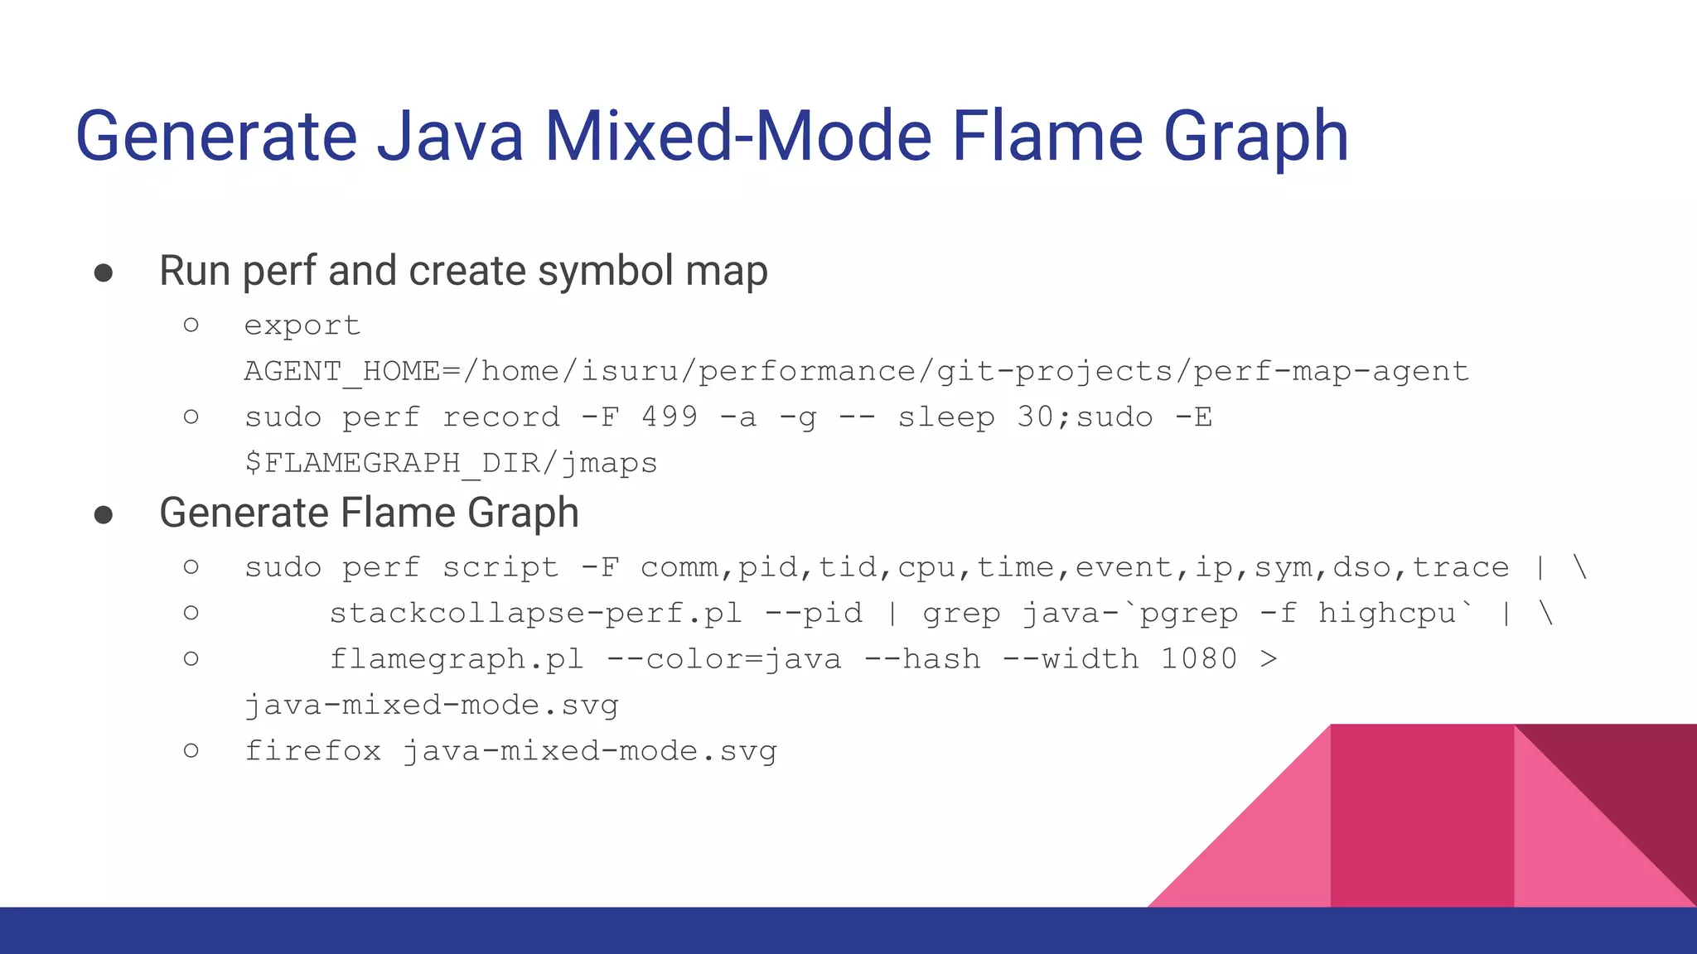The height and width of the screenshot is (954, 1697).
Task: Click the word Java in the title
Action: (450, 136)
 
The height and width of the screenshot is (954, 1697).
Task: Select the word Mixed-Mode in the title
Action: (737, 136)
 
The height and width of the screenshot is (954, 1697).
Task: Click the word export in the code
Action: (302, 325)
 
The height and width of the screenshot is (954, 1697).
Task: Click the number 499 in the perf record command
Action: (669, 417)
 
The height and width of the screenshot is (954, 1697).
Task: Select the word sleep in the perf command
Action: (946, 417)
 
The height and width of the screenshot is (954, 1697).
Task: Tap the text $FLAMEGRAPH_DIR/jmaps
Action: (451, 462)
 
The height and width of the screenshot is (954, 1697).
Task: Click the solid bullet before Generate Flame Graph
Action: (104, 515)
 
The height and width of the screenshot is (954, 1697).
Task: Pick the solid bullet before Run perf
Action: (104, 273)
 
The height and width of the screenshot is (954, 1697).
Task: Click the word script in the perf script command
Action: (500, 567)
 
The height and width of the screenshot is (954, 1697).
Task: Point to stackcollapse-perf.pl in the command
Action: (535, 613)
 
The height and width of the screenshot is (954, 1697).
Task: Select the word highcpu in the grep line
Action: (1386, 613)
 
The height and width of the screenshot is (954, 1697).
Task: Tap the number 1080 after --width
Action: (1198, 659)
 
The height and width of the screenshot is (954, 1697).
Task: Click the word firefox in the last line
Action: (313, 751)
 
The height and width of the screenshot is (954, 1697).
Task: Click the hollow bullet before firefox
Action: (191, 750)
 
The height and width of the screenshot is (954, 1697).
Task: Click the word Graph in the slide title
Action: (1256, 136)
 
